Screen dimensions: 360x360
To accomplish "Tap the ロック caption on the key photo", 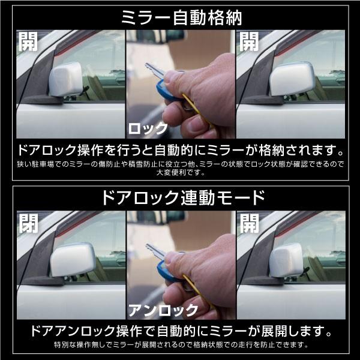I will coord(148,127).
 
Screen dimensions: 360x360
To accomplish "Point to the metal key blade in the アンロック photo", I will coord(154,251).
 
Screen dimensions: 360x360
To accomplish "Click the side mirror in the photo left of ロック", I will coord(66,79).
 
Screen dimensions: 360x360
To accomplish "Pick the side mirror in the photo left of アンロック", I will coord(72,259).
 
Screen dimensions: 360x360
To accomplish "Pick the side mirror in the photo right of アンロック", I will coord(286,259).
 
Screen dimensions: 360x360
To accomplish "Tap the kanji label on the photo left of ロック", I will coord(28,42).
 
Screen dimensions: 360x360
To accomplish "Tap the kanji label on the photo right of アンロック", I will coord(249,223).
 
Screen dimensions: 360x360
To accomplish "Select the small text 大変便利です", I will coord(180,172).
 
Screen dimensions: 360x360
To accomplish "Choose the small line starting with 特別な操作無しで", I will coord(180,345).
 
